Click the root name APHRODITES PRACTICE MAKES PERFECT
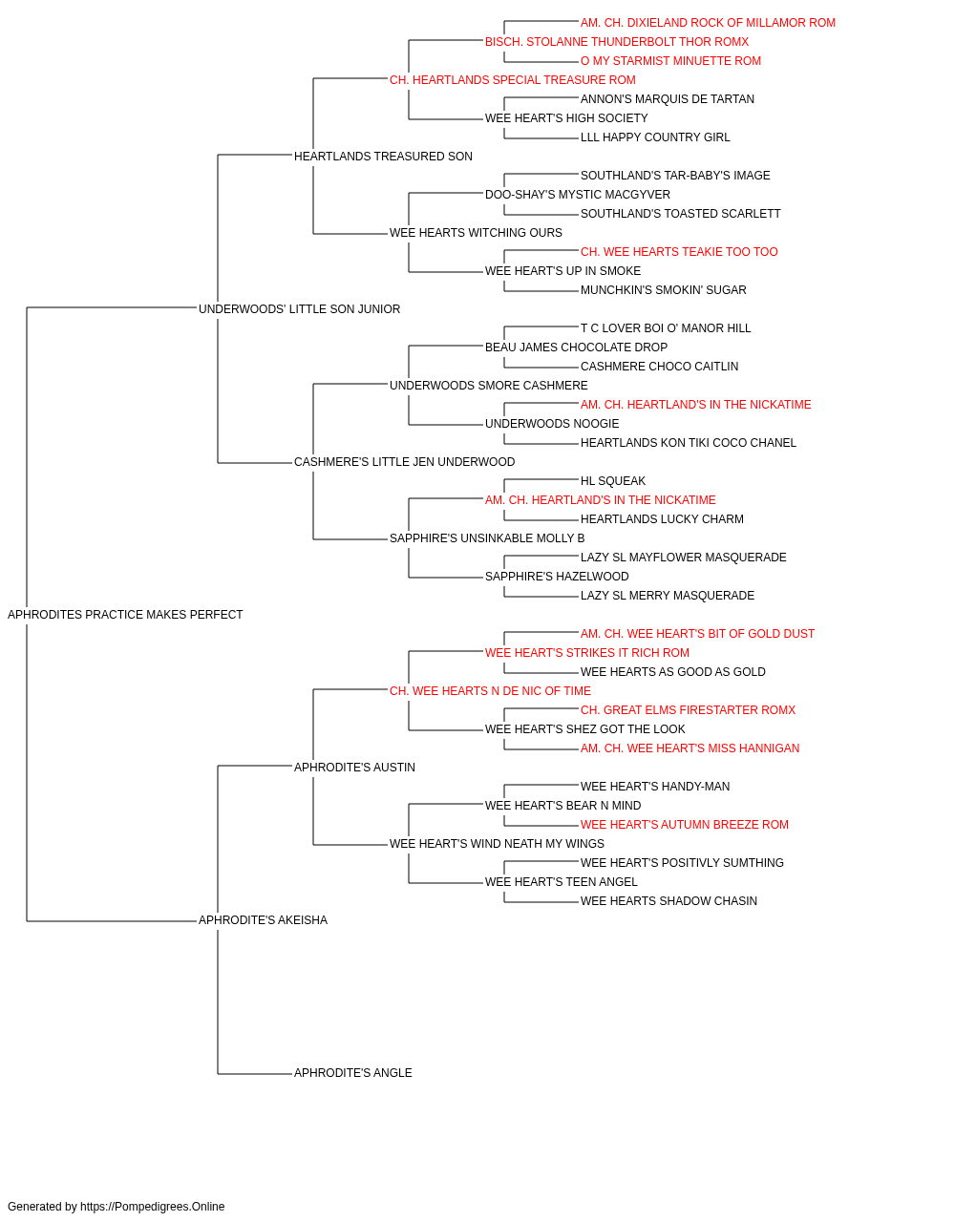pyautogui.click(x=125, y=615)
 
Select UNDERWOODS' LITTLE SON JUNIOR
pyautogui.click(x=299, y=309)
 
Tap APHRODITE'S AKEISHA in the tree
pyautogui.click(x=263, y=920)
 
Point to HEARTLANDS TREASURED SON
pyautogui.click(x=383, y=157)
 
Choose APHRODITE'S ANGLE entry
pyautogui.click(x=352, y=1073)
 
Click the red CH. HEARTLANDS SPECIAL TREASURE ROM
pyautogui.click(x=513, y=80)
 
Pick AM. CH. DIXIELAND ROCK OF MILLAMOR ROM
pyautogui.click(x=708, y=23)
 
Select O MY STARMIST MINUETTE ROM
pyautogui.click(x=670, y=61)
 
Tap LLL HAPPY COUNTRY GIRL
pyautogui.click(x=655, y=137)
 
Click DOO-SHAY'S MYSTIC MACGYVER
pyautogui.click(x=578, y=195)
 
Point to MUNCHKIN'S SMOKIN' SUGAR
pyautogui.click(x=663, y=290)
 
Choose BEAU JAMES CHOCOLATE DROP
pyautogui.click(x=576, y=348)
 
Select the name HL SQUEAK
pyautogui.click(x=612, y=481)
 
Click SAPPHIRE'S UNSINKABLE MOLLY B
pyautogui.click(x=487, y=538)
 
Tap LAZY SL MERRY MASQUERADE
pyautogui.click(x=667, y=596)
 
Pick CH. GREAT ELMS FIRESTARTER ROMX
pyautogui.click(x=688, y=710)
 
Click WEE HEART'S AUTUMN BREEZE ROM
pyautogui.click(x=685, y=825)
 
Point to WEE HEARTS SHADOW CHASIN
pyautogui.click(x=668, y=901)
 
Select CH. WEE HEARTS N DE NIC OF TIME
pyautogui.click(x=490, y=691)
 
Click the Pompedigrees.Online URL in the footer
pyautogui.click(x=152, y=1207)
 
